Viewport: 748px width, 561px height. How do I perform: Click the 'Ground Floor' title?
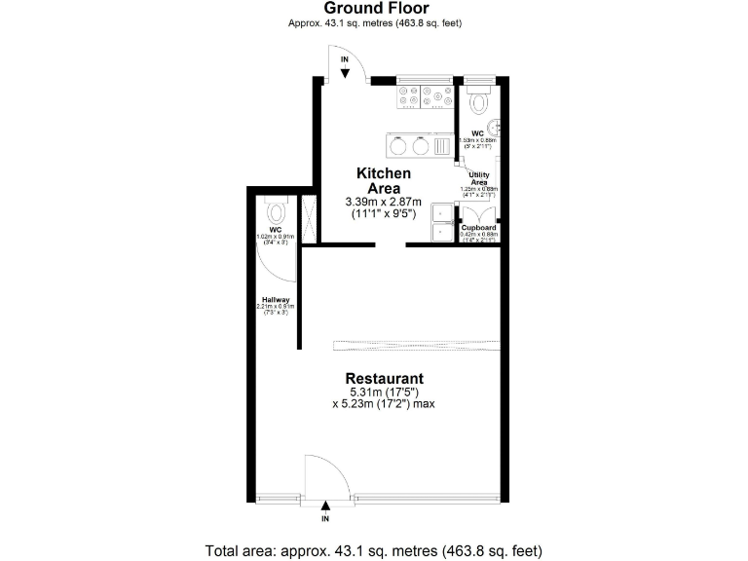click(x=374, y=9)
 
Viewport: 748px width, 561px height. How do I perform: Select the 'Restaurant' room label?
click(x=384, y=379)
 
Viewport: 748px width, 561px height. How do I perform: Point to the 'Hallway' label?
click(x=276, y=299)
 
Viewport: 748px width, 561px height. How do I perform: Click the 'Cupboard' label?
click(x=478, y=228)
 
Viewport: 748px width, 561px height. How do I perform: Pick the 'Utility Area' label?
click(x=478, y=178)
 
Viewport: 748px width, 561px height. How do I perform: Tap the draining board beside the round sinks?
click(x=442, y=146)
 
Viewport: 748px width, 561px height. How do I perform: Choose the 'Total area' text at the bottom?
click(x=374, y=550)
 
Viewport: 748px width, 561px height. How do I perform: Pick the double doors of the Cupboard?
click(x=478, y=211)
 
